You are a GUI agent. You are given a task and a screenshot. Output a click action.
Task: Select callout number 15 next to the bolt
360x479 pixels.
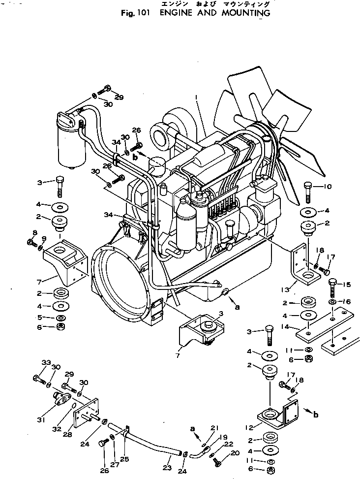pos(347,285)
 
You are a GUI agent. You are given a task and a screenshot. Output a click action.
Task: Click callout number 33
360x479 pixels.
pos(46,363)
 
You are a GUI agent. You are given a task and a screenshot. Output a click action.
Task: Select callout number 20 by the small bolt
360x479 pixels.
pos(235,452)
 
